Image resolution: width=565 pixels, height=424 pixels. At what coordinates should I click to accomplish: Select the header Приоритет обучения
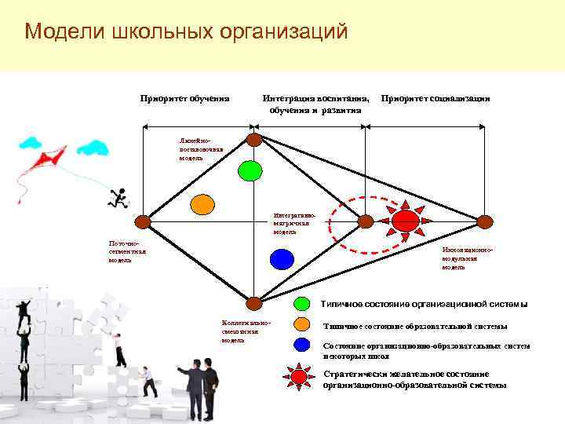coord(184,98)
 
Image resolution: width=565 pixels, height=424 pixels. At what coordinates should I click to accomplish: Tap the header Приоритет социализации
coord(435,98)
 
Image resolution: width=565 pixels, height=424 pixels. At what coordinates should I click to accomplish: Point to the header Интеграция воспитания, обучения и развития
coord(315,104)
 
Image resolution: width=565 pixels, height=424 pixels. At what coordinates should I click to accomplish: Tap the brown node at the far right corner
coord(485,221)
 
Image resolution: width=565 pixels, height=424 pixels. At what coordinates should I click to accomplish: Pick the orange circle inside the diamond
coord(202,204)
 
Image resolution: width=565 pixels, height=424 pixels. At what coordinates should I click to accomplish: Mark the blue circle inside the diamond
coord(281,258)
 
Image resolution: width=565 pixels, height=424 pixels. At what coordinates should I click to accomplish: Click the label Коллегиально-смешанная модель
coord(246,331)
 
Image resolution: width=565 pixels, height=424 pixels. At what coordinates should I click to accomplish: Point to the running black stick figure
coord(119,199)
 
